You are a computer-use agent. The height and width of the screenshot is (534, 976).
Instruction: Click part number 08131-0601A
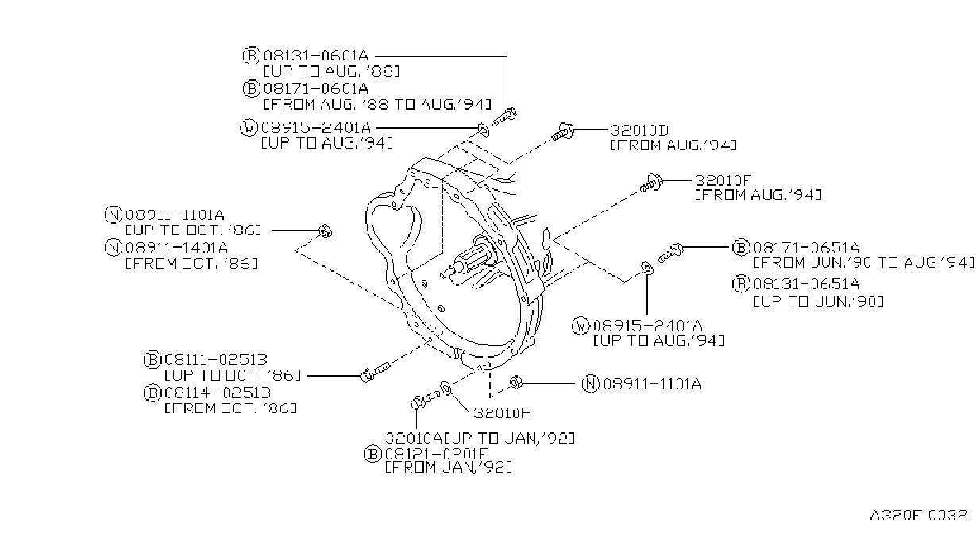316,56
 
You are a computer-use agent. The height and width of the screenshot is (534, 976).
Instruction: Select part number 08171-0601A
316,89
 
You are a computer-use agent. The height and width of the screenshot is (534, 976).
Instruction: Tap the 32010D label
639,130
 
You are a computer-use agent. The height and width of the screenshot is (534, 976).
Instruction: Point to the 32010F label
723,180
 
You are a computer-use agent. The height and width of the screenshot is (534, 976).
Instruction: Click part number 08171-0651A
807,248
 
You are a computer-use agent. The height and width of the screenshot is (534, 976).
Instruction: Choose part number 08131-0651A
807,284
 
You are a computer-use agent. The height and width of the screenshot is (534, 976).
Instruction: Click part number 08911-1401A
176,248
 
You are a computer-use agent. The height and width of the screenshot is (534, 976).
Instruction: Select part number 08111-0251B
216,360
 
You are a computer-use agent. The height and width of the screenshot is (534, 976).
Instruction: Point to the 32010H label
503,412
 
